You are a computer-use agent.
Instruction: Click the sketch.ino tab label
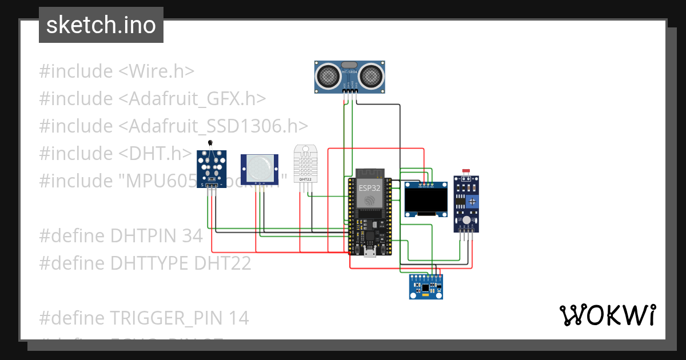[x=101, y=25]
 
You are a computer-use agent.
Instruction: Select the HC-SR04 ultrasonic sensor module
[x=350, y=77]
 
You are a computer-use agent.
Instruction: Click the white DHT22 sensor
[x=305, y=164]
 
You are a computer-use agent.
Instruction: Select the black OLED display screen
[x=426, y=199]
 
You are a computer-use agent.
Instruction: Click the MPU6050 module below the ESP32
[x=426, y=286]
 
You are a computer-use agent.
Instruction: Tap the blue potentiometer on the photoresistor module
[x=472, y=201]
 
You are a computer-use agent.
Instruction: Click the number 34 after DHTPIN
[x=192, y=235]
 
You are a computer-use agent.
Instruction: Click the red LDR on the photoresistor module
[x=464, y=171]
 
